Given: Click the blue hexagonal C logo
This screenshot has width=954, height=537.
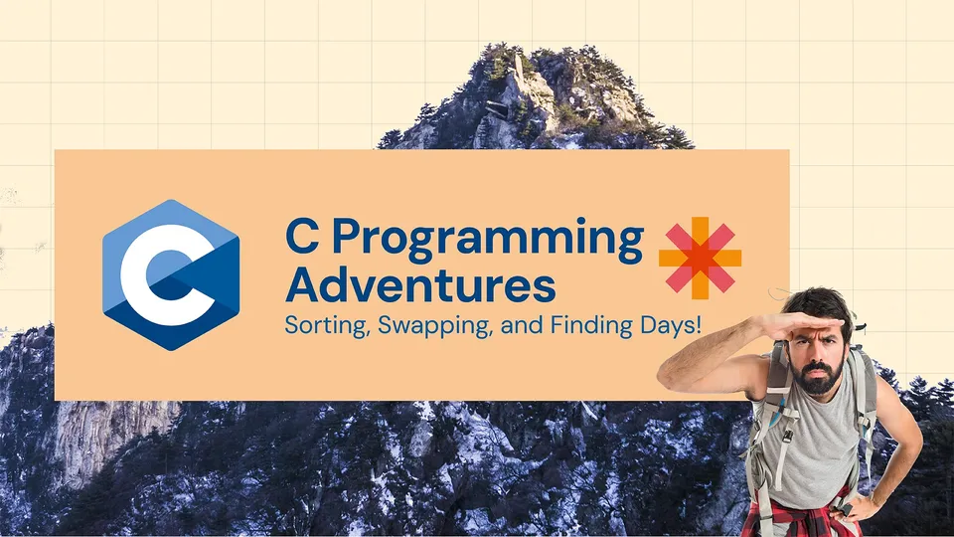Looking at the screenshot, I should click(170, 274).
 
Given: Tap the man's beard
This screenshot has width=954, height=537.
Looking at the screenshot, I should click(821, 379).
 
